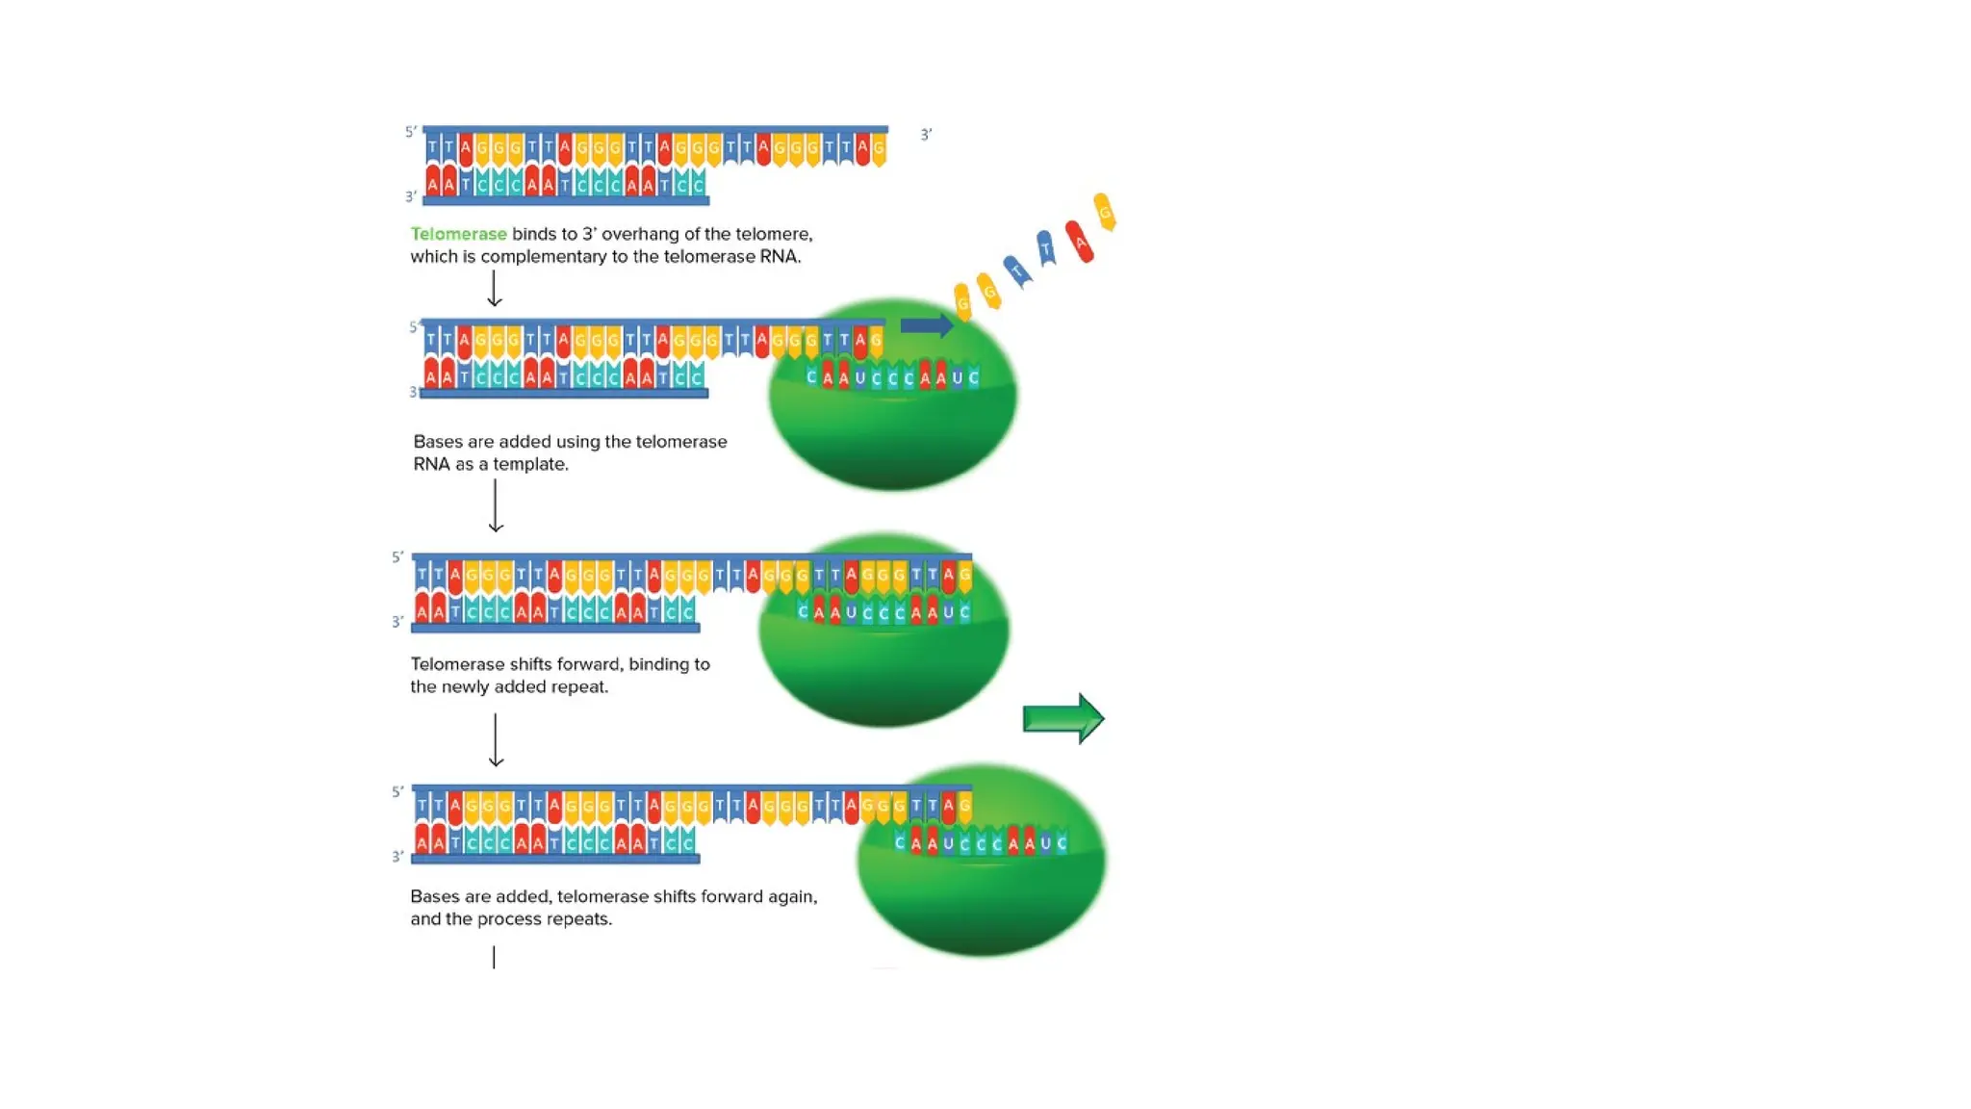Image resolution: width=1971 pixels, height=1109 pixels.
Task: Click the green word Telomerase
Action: click(458, 234)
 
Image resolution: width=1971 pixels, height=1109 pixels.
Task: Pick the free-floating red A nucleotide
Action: click(1079, 242)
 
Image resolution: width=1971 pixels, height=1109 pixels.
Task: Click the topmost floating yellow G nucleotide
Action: click(1105, 212)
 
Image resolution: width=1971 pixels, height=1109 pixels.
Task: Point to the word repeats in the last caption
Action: click(578, 919)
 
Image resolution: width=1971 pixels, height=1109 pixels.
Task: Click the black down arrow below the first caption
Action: click(494, 289)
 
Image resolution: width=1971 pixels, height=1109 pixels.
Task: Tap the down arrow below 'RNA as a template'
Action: click(496, 505)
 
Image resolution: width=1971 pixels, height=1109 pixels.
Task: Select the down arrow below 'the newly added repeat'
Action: click(496, 740)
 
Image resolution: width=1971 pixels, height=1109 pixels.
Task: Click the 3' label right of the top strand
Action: click(926, 135)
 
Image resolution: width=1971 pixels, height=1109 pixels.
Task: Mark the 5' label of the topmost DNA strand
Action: click(411, 132)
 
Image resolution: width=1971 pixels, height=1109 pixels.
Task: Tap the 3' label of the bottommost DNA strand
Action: click(397, 857)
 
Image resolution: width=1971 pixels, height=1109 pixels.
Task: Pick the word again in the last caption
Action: click(792, 897)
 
